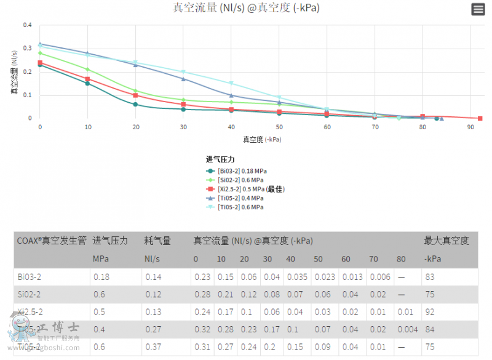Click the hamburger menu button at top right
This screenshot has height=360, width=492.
pos(478,9)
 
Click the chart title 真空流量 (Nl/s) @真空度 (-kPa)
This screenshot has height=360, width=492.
pos(246,8)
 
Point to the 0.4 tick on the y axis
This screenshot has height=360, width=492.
pos(27,25)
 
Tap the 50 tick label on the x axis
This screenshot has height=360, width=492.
pos(279,127)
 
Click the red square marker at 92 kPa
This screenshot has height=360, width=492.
pos(480,118)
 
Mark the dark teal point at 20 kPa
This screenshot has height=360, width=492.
pos(135,104)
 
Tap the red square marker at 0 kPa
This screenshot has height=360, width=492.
pos(40,63)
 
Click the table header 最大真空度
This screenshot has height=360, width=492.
pos(446,241)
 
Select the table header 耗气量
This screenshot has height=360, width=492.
pos(157,241)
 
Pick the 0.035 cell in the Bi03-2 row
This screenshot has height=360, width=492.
pos(295,277)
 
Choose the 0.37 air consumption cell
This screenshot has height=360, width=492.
pos(153,348)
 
